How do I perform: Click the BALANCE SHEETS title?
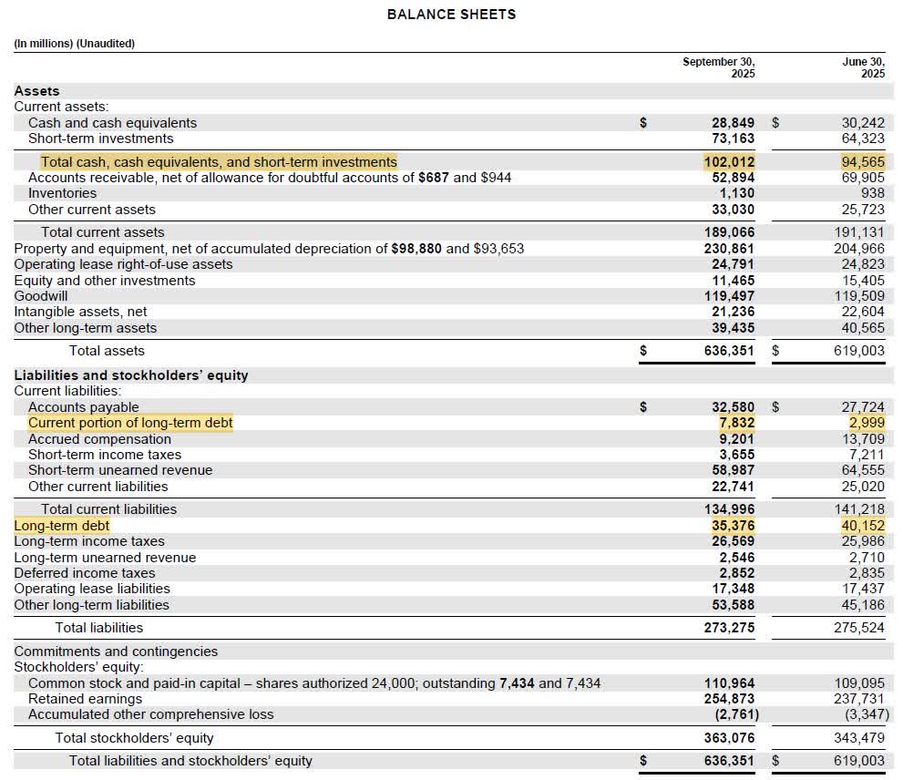coord(451,15)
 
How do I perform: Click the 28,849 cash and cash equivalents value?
coord(733,123)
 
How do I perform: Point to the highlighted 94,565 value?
coord(862,162)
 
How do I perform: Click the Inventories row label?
coord(62,193)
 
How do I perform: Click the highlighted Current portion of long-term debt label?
coord(130,423)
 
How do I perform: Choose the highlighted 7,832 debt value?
coord(736,423)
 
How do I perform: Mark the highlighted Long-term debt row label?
coord(61,526)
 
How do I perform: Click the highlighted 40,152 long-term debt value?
coord(862,526)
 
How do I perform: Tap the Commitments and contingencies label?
coord(116,652)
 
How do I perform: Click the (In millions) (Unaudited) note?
coord(74,43)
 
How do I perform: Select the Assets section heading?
coord(36,91)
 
